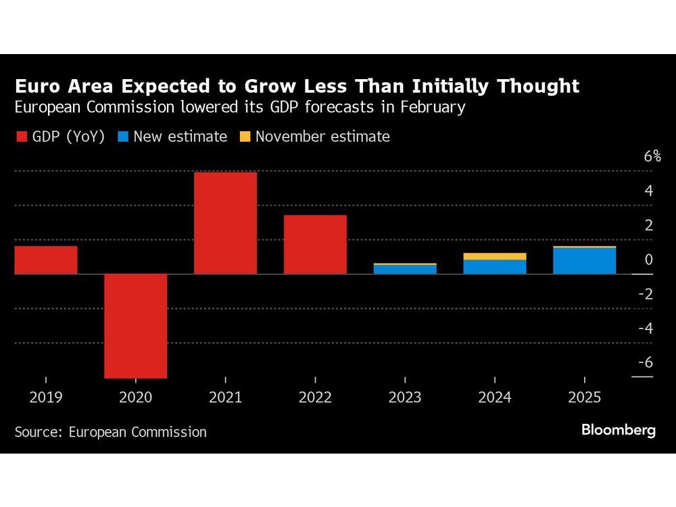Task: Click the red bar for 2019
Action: pyautogui.click(x=46, y=260)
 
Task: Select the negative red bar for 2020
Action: pyautogui.click(x=135, y=326)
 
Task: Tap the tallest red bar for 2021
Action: pyautogui.click(x=225, y=223)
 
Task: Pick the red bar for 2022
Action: pyautogui.click(x=315, y=244)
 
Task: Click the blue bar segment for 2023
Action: pyautogui.click(x=405, y=269)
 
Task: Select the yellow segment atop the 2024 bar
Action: pyautogui.click(x=495, y=256)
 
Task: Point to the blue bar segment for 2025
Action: pyautogui.click(x=584, y=261)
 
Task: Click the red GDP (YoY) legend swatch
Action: pyautogui.click(x=22, y=137)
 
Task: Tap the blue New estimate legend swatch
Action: pyautogui.click(x=123, y=137)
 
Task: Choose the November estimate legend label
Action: pyautogui.click(x=322, y=137)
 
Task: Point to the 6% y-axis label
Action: pyautogui.click(x=652, y=156)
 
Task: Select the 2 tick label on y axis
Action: pyautogui.click(x=649, y=225)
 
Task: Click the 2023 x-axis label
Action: pyautogui.click(x=405, y=397)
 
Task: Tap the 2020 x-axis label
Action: pyautogui.click(x=135, y=397)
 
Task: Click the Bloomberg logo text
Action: pyautogui.click(x=618, y=431)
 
